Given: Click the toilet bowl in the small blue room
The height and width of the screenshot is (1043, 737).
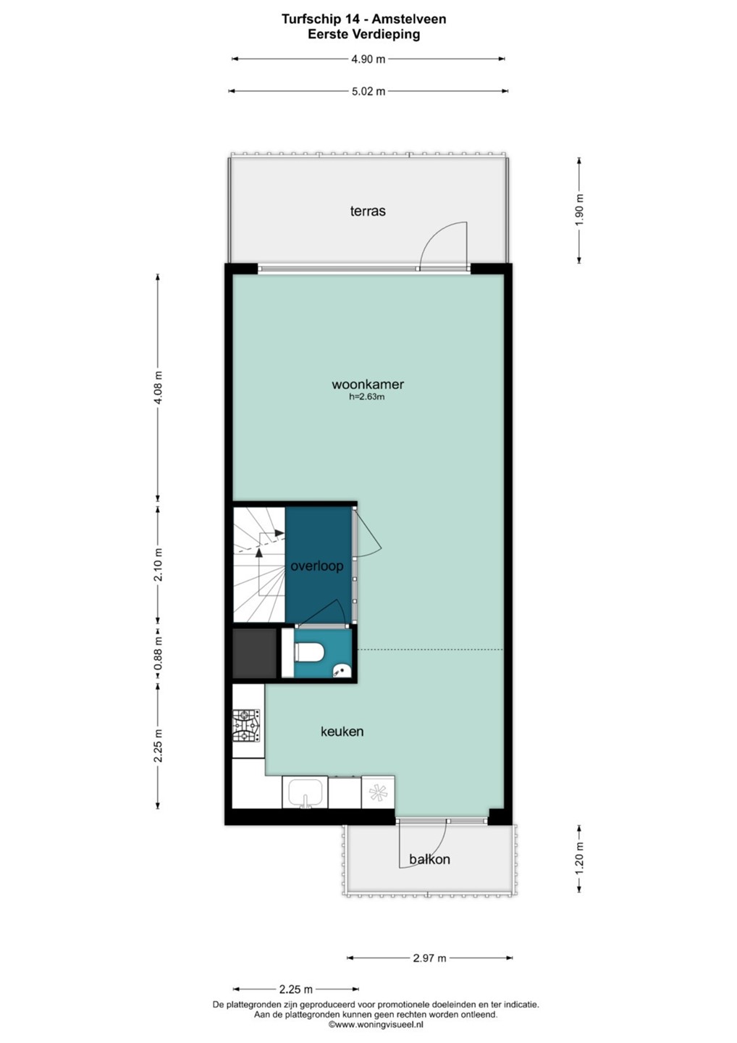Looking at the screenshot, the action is (308, 652).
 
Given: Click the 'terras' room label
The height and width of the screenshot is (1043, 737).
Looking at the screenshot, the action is (368, 211).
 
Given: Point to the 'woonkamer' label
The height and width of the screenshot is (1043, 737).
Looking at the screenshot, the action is (368, 385).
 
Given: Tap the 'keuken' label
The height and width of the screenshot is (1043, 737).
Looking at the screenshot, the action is (342, 732).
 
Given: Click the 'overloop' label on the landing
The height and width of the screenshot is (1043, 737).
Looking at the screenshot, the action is (317, 566).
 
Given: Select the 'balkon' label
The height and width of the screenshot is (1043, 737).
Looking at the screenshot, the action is (429, 859).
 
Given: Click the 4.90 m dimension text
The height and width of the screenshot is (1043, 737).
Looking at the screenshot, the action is (368, 59).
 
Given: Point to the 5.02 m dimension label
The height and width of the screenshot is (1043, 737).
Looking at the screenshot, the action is (368, 92).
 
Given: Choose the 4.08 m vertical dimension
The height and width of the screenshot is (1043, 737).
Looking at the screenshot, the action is (159, 388).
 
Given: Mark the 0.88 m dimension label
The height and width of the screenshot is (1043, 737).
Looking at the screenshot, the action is (159, 653).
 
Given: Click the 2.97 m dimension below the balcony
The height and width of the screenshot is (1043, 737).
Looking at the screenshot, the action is (429, 958).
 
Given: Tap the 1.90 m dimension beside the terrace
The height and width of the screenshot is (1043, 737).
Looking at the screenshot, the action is (579, 210).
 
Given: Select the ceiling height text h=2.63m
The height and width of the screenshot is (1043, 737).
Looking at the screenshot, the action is (367, 397).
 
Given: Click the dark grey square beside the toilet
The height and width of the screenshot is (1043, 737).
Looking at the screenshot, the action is (254, 653).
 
